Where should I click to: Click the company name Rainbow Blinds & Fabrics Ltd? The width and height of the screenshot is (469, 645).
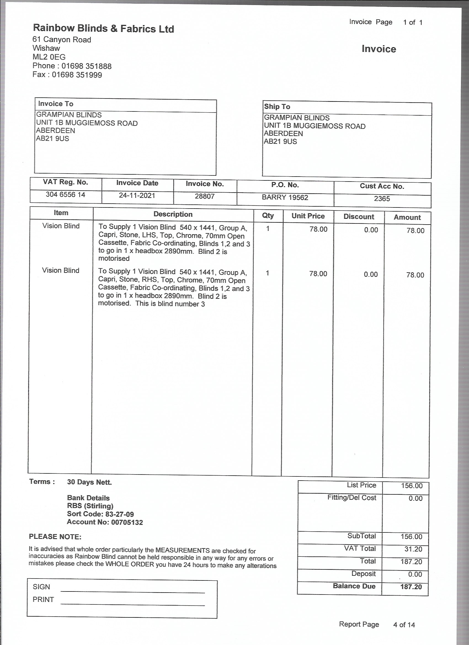click(x=103, y=28)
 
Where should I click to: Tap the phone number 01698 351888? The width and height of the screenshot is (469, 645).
click(x=86, y=66)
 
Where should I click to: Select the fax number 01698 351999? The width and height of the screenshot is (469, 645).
click(x=77, y=75)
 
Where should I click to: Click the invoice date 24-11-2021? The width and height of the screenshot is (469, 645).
click(x=137, y=196)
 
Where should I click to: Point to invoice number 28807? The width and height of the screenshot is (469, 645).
click(x=204, y=196)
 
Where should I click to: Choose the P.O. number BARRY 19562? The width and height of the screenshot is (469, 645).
click(x=285, y=197)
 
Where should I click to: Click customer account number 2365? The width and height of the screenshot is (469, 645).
click(x=382, y=199)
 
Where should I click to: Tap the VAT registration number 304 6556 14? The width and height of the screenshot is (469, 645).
click(x=65, y=195)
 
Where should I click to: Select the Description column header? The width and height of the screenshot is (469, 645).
click(x=173, y=214)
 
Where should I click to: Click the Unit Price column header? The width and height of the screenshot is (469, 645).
click(x=308, y=216)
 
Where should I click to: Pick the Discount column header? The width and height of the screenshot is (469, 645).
click(x=359, y=217)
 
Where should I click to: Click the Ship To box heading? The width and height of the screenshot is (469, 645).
click(x=277, y=107)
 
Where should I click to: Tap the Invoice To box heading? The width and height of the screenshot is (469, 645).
click(x=56, y=104)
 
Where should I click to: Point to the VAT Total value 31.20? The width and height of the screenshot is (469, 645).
click(x=413, y=549)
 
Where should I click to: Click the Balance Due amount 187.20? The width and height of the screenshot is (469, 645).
click(x=411, y=587)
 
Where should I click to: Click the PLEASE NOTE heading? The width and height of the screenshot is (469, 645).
click(x=55, y=537)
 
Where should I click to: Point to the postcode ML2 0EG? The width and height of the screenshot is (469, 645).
click(x=49, y=57)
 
